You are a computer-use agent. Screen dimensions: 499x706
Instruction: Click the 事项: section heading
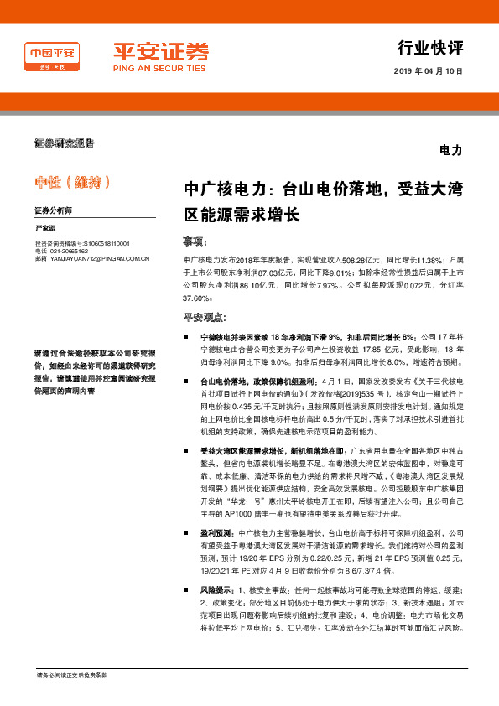(195, 241)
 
